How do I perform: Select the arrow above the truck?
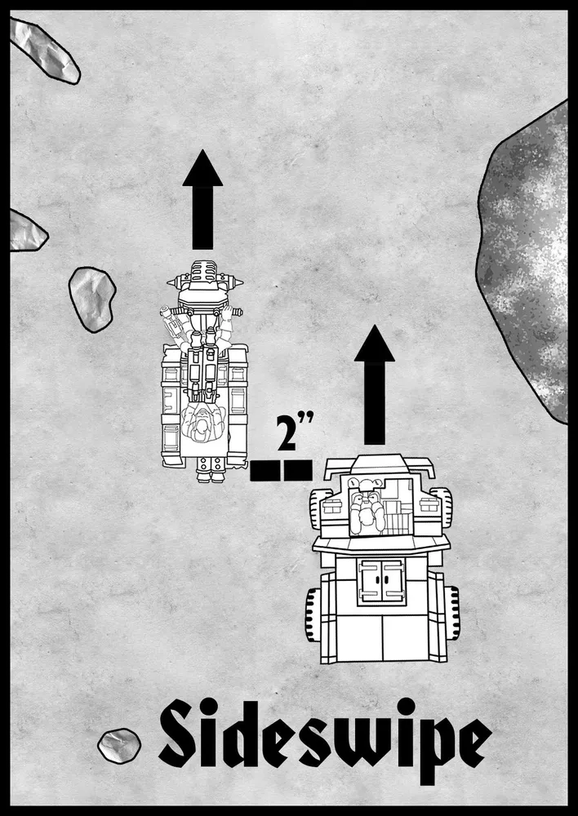click(374, 385)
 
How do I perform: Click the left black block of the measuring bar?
click(265, 471)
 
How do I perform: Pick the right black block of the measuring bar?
click(298, 471)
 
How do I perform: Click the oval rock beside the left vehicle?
click(92, 299)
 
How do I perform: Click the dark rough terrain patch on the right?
click(526, 271)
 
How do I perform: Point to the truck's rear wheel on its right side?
click(451, 614)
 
